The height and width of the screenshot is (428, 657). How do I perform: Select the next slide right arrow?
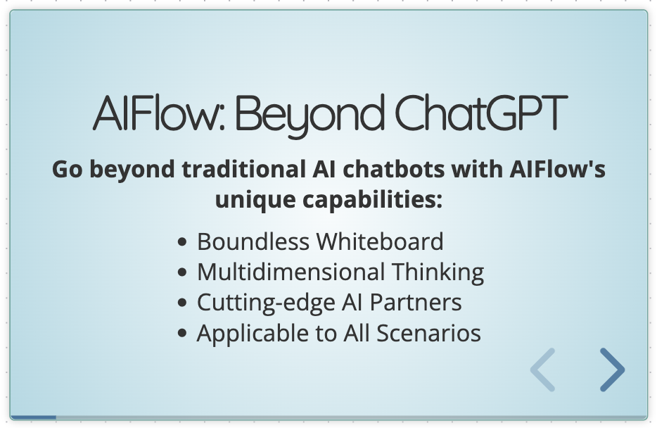612,370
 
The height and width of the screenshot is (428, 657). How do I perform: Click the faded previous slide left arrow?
543,370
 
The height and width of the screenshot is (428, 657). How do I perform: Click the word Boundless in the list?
253,241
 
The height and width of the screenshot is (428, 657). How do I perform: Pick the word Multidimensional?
291,272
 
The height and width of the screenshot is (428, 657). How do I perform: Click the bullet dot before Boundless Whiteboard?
183,242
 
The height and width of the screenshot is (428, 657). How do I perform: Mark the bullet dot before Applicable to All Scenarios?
183,333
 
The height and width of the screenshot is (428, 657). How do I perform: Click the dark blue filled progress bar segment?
34,417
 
